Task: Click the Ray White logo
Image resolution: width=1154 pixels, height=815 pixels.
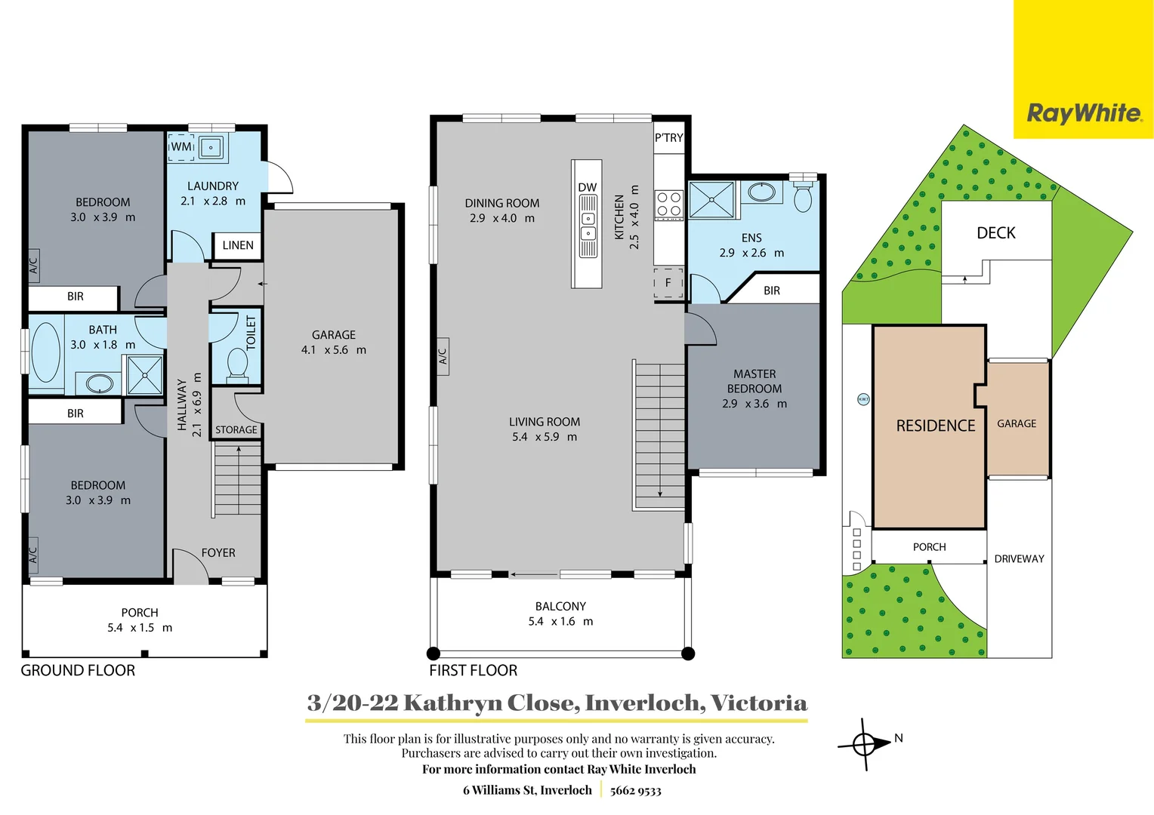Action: click(x=1084, y=113)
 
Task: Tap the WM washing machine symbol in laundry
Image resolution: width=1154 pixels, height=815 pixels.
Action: click(x=181, y=146)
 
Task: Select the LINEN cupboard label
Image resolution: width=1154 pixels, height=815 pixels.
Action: click(x=238, y=245)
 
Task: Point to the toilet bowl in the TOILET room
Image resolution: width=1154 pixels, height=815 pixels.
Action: click(x=237, y=364)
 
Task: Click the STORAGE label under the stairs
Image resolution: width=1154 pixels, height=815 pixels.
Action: click(x=236, y=430)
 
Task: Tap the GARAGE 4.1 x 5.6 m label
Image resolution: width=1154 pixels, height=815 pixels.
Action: click(x=333, y=342)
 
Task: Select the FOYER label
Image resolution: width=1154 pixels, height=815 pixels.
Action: click(x=218, y=553)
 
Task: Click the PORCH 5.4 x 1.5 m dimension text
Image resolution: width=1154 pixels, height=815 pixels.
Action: click(x=140, y=628)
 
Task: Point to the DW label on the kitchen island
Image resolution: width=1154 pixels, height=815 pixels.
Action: click(x=587, y=187)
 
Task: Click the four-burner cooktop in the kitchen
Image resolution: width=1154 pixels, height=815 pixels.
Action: click(x=668, y=204)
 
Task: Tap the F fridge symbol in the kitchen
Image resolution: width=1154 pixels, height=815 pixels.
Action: click(x=668, y=283)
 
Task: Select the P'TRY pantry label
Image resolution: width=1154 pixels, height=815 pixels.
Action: click(x=668, y=138)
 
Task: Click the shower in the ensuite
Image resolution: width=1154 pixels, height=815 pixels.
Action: click(x=711, y=200)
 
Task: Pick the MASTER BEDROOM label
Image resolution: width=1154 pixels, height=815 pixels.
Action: click(x=754, y=381)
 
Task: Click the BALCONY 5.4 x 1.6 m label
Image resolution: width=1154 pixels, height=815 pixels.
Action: click(x=560, y=614)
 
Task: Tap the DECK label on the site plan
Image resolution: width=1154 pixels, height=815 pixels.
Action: click(x=995, y=233)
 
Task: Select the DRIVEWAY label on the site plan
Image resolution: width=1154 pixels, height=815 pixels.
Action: click(x=1019, y=559)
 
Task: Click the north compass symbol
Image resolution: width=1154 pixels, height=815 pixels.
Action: click(x=865, y=744)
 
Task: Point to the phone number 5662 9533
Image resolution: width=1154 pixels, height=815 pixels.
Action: click(x=635, y=791)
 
